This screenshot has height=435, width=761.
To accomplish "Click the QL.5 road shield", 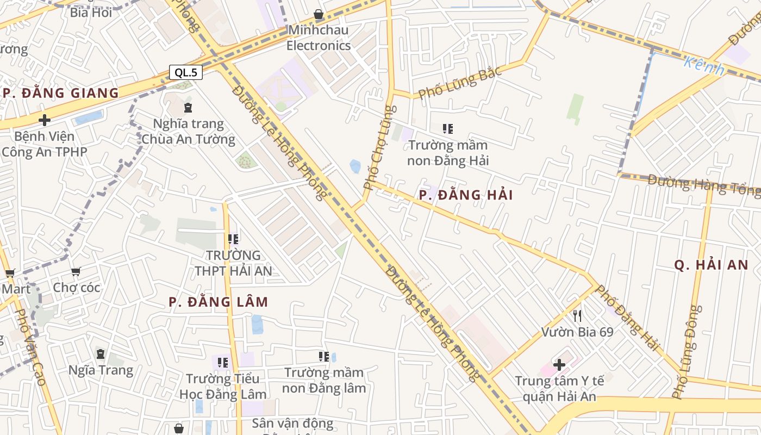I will click(x=185, y=72).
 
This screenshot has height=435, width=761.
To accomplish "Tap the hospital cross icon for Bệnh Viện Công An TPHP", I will click(x=45, y=120).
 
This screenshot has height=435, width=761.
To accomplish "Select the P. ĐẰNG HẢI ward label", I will click(x=466, y=195).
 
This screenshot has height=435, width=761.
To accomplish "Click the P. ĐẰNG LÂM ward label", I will click(x=218, y=302).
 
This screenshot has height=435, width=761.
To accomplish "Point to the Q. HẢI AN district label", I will click(x=711, y=265).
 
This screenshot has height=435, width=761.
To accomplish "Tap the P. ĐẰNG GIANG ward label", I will click(x=60, y=93).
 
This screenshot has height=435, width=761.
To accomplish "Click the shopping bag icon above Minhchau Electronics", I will click(x=319, y=14).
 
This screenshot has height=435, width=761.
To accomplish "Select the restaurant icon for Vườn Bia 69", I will click(x=577, y=315).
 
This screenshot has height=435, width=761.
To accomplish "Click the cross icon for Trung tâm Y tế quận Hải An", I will click(x=559, y=364).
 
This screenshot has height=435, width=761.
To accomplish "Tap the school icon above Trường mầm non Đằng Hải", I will click(x=448, y=129).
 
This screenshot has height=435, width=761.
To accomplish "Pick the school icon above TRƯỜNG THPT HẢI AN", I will click(x=233, y=239).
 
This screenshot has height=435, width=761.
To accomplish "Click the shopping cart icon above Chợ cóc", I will click(x=76, y=271).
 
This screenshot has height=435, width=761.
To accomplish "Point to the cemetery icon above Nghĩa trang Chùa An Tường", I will click(x=188, y=108).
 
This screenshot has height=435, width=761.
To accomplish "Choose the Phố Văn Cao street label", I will click(x=31, y=348).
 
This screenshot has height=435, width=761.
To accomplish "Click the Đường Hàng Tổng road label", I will click(x=704, y=184).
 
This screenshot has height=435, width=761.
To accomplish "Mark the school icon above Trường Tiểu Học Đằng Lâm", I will click(x=222, y=362).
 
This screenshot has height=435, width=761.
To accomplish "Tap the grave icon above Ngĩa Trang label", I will click(x=101, y=354).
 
